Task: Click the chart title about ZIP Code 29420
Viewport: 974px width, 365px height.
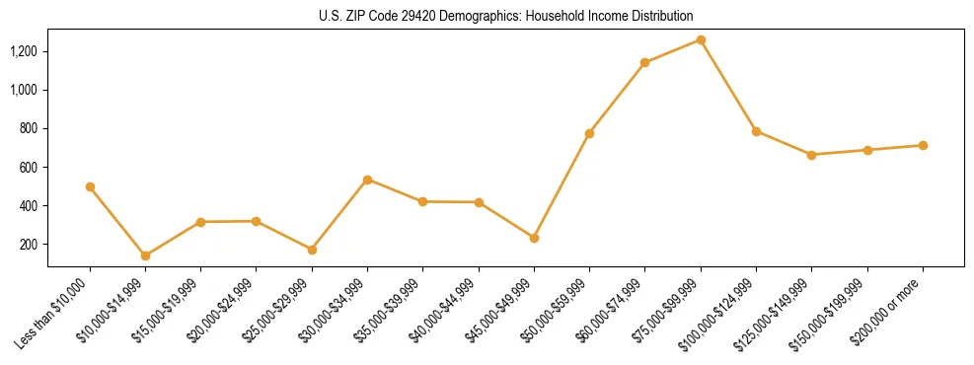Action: [x=505, y=16]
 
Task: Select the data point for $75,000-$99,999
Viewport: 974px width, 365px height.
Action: [x=701, y=39]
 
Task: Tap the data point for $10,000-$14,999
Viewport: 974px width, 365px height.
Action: [x=145, y=255]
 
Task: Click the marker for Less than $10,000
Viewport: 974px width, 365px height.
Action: [x=90, y=186]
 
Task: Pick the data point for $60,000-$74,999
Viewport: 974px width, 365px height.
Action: [x=644, y=62]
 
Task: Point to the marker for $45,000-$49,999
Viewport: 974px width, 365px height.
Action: [x=534, y=238]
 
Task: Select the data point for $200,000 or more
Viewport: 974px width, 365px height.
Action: [x=923, y=145]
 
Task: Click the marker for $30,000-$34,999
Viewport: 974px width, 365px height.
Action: [x=367, y=180]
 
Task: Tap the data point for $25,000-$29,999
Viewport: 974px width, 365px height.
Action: [x=312, y=250]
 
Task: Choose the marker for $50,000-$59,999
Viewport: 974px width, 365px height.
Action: [x=589, y=133]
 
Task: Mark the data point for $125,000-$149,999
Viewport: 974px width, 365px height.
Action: [x=811, y=155]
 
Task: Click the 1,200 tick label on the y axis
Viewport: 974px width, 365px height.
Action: [x=24, y=51]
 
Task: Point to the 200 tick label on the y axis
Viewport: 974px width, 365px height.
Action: [x=30, y=245]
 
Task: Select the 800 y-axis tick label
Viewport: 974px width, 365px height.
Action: [x=30, y=128]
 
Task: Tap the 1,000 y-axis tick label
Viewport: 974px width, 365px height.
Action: [x=24, y=90]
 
